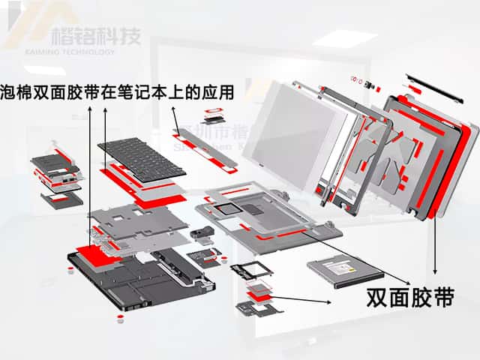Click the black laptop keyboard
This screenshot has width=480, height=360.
(142, 157)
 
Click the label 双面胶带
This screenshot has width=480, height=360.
(410, 298)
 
